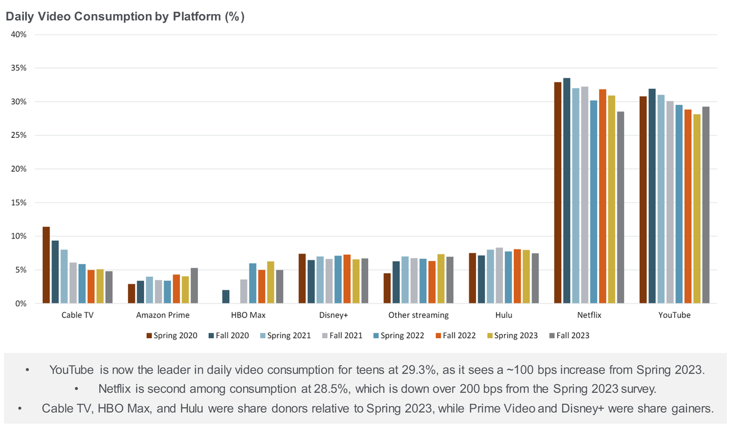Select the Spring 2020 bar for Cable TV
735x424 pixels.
click(x=46, y=265)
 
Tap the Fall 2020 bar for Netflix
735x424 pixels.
click(x=567, y=191)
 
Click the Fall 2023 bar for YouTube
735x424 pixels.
click(x=706, y=205)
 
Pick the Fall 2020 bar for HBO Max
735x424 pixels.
click(x=225, y=297)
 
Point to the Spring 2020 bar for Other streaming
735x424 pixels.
click(x=387, y=288)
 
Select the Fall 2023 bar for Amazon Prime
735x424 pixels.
click(x=194, y=286)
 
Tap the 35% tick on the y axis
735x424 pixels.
click(x=19, y=68)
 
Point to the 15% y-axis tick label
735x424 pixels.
click(x=19, y=203)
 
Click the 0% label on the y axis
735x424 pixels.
click(x=21, y=304)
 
